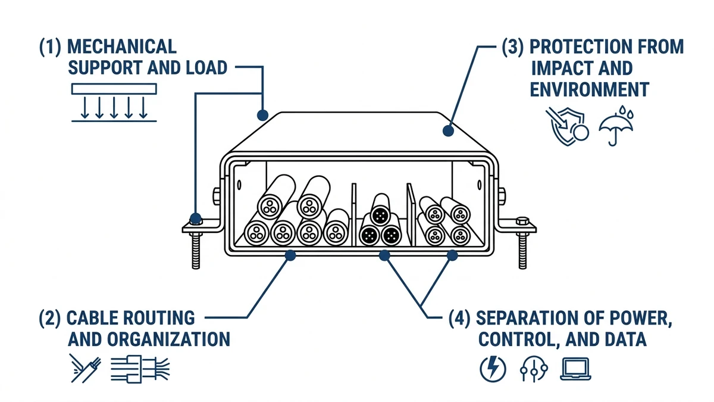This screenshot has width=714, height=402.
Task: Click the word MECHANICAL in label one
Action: tap(122, 46)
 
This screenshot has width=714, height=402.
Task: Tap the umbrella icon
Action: tap(616, 126)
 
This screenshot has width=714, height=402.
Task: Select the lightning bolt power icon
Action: tap(493, 369)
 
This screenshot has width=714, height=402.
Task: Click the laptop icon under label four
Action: tap(576, 369)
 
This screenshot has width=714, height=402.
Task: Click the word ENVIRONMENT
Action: tap(590, 89)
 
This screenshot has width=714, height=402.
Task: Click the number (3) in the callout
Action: tap(512, 47)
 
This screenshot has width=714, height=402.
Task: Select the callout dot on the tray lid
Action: tap(448, 130)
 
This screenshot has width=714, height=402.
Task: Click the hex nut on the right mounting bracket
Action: tap(522, 221)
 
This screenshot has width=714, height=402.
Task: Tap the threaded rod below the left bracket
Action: tap(196, 251)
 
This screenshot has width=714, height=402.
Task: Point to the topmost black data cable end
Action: tap(380, 216)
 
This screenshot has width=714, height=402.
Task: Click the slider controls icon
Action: tap(534, 369)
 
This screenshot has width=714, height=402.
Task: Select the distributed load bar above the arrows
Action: tap(114, 89)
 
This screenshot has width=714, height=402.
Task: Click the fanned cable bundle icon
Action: tap(140, 369)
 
